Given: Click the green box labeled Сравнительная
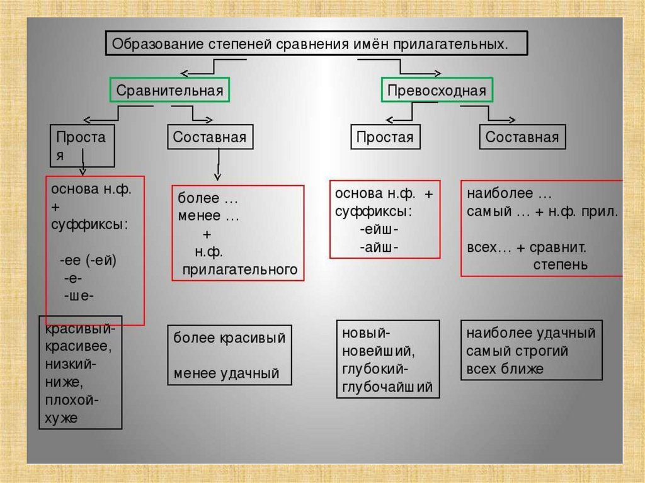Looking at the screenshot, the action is [169, 90].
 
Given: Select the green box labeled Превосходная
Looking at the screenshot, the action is [437, 90].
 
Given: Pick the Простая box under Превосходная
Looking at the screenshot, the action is [385, 137].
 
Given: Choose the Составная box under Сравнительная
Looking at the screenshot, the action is [210, 137].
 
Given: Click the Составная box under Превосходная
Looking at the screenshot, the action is [522, 137].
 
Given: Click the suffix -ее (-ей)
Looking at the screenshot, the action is [88, 260].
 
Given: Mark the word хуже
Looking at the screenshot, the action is [61, 418].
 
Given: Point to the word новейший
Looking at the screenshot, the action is [377, 350].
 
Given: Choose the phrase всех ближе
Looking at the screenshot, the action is [505, 368].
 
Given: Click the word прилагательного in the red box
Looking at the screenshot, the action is [239, 270].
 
